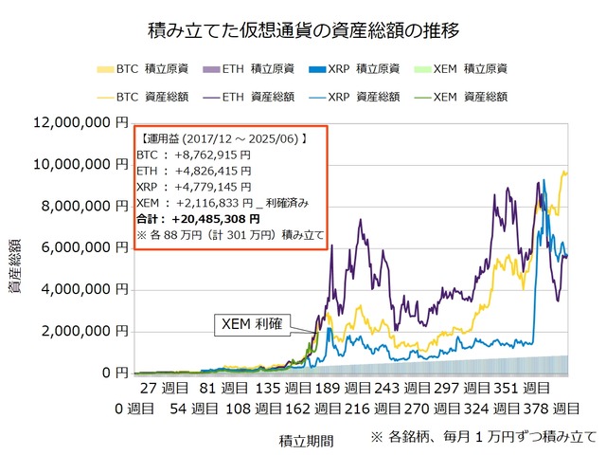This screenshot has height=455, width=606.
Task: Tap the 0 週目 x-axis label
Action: pyautogui.click(x=132, y=409)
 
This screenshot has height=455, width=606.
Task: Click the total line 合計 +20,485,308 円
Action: pyautogui.click(x=205, y=219)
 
